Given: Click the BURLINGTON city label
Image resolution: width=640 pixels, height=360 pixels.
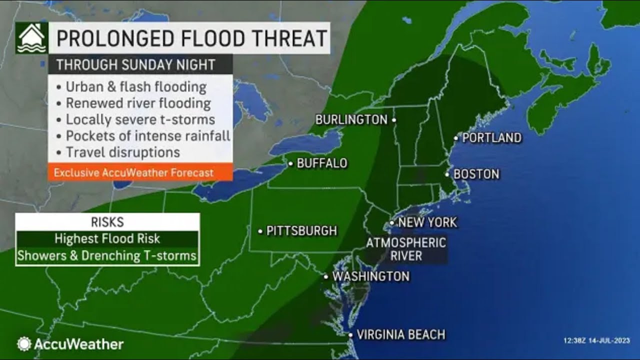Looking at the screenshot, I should (351, 120).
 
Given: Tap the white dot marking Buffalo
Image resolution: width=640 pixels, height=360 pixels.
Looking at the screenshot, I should (290, 163).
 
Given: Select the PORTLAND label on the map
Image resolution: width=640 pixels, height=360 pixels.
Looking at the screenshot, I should (491, 138).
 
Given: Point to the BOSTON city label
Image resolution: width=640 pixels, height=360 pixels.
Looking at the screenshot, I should (476, 174).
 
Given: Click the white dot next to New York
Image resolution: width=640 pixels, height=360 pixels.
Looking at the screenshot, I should (392, 223).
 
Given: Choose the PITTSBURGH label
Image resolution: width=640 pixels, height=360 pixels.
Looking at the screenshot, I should (301, 231).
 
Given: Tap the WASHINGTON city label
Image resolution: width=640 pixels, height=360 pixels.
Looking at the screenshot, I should (370, 276).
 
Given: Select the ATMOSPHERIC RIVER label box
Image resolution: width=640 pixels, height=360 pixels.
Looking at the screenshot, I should (406, 249).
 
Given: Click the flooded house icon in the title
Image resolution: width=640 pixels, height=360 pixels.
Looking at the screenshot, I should (31, 38).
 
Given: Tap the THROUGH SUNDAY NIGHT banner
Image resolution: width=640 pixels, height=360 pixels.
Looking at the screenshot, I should (135, 64).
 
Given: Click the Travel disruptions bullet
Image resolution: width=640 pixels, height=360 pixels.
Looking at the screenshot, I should (122, 151).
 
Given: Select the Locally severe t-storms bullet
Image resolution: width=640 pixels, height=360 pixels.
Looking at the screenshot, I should (140, 119).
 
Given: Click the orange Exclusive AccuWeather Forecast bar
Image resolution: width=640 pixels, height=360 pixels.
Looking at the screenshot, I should (134, 173).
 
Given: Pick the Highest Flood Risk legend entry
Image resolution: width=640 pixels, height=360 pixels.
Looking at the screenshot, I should (107, 238).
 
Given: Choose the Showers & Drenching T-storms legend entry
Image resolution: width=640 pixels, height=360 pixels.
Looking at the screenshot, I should (107, 255).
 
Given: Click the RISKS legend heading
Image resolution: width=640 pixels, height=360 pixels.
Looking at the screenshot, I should (107, 221).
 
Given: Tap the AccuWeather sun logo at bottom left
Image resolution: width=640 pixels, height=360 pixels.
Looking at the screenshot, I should (23, 344).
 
